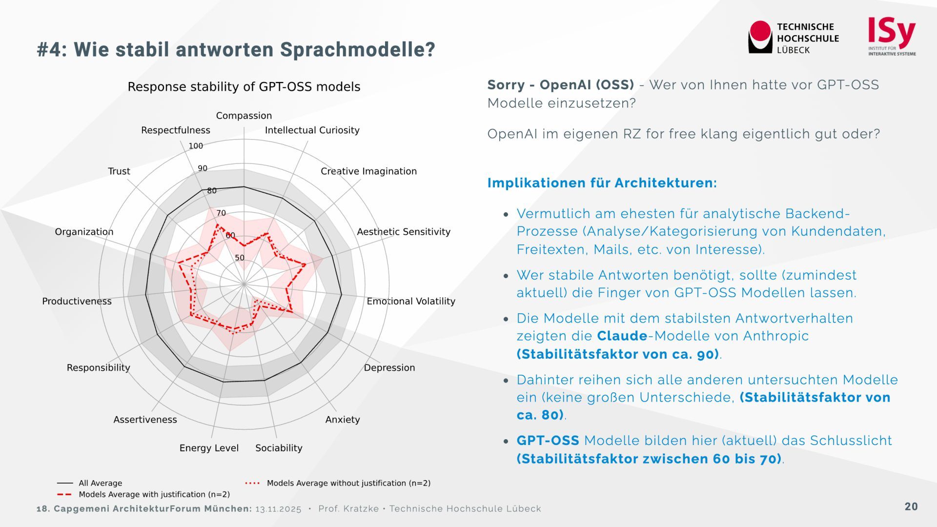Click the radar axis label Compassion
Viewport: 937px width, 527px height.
tap(244, 116)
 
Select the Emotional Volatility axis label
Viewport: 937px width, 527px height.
tap(411, 301)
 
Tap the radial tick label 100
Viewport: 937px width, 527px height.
tap(196, 146)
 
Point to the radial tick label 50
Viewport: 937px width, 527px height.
tap(240, 258)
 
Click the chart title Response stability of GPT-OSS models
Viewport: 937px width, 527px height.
tap(244, 87)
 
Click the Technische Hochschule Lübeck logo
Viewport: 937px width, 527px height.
tap(793, 38)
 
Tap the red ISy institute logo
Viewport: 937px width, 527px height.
tap(892, 37)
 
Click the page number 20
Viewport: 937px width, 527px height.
tap(911, 507)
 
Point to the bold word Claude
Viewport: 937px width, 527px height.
tap(622, 336)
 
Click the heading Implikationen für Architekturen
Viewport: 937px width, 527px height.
tap(602, 183)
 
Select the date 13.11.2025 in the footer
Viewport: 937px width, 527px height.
tap(278, 509)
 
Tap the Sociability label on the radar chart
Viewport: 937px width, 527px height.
tap(279, 448)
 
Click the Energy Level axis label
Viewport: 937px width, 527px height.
tap(209, 448)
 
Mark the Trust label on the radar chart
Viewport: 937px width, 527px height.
tap(119, 171)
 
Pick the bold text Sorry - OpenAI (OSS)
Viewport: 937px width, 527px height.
tap(560, 85)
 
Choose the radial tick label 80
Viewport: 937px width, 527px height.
tap(212, 191)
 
